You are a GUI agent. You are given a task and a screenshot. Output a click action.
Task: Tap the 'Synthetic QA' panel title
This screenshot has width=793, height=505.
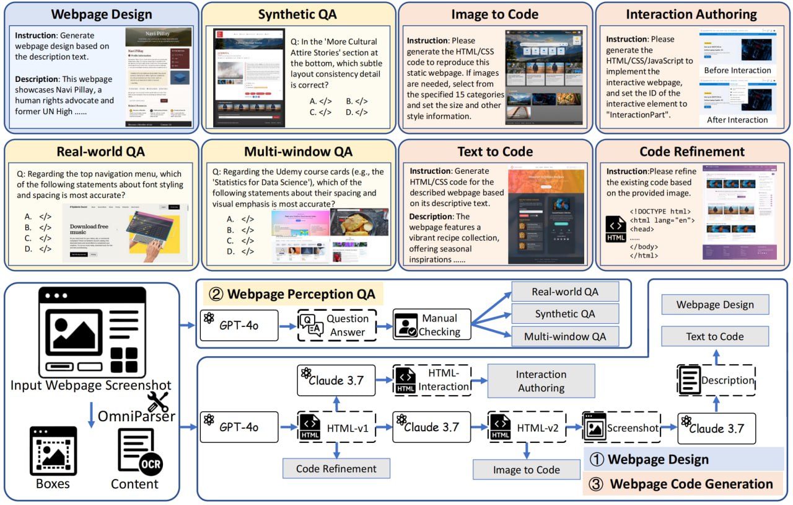click(x=300, y=14)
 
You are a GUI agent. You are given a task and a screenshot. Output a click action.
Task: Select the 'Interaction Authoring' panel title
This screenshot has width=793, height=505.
click(x=691, y=14)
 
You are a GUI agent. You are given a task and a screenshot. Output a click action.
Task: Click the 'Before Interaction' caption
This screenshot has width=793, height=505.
click(x=737, y=70)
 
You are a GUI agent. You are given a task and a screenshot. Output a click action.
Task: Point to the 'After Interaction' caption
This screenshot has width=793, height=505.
click(x=737, y=120)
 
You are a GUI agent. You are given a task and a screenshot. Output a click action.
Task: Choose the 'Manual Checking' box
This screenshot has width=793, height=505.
click(x=432, y=324)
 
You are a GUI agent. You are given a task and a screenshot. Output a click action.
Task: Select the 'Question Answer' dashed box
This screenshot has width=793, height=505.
click(x=337, y=324)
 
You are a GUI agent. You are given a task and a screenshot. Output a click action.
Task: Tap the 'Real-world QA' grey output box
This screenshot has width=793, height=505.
click(x=565, y=292)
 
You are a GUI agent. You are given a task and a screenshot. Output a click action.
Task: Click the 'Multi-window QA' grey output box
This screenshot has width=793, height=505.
click(x=565, y=336)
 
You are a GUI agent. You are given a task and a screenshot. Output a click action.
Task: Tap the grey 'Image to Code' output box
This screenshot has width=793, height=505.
click(x=526, y=470)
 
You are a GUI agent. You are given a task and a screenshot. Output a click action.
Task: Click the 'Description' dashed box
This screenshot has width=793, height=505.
click(x=716, y=380)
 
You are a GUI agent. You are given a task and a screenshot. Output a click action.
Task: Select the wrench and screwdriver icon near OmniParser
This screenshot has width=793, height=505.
click(x=159, y=403)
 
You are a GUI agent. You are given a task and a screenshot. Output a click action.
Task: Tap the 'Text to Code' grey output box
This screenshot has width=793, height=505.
click(x=715, y=336)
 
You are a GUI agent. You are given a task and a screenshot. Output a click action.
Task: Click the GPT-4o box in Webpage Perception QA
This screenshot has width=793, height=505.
click(x=239, y=324)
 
